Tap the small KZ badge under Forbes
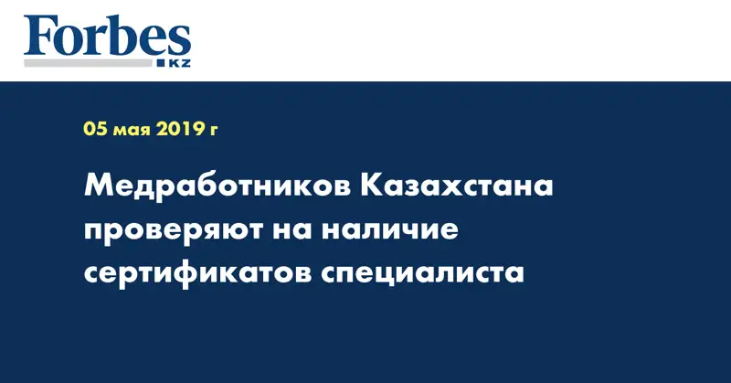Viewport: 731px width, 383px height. tap(173, 62)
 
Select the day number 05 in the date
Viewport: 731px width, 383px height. tap(95, 129)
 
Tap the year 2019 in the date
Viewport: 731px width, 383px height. tap(184, 129)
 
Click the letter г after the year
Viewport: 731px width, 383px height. tap(214, 131)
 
